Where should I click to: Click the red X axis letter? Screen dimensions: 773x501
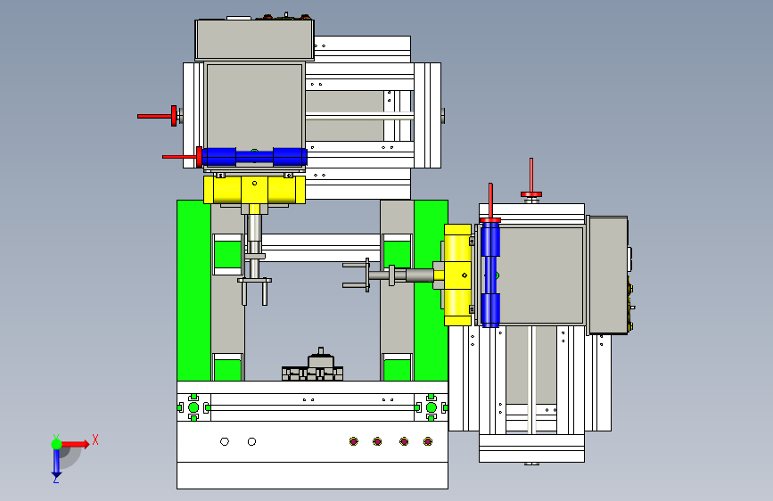click(x=95, y=439)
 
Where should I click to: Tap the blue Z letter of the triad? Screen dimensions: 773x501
click(x=56, y=479)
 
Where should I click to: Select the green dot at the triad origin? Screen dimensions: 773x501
click(x=57, y=444)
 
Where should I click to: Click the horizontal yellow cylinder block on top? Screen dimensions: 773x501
click(x=254, y=190)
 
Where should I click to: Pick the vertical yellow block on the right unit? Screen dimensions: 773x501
click(x=457, y=275)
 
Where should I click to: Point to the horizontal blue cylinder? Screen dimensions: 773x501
click(x=254, y=157)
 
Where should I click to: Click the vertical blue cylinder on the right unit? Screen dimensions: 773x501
click(x=490, y=275)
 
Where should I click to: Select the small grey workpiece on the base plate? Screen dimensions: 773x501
click(x=313, y=366)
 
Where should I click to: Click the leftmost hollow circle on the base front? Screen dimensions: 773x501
click(x=225, y=441)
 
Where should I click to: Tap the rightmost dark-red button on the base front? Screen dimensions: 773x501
click(x=428, y=441)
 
